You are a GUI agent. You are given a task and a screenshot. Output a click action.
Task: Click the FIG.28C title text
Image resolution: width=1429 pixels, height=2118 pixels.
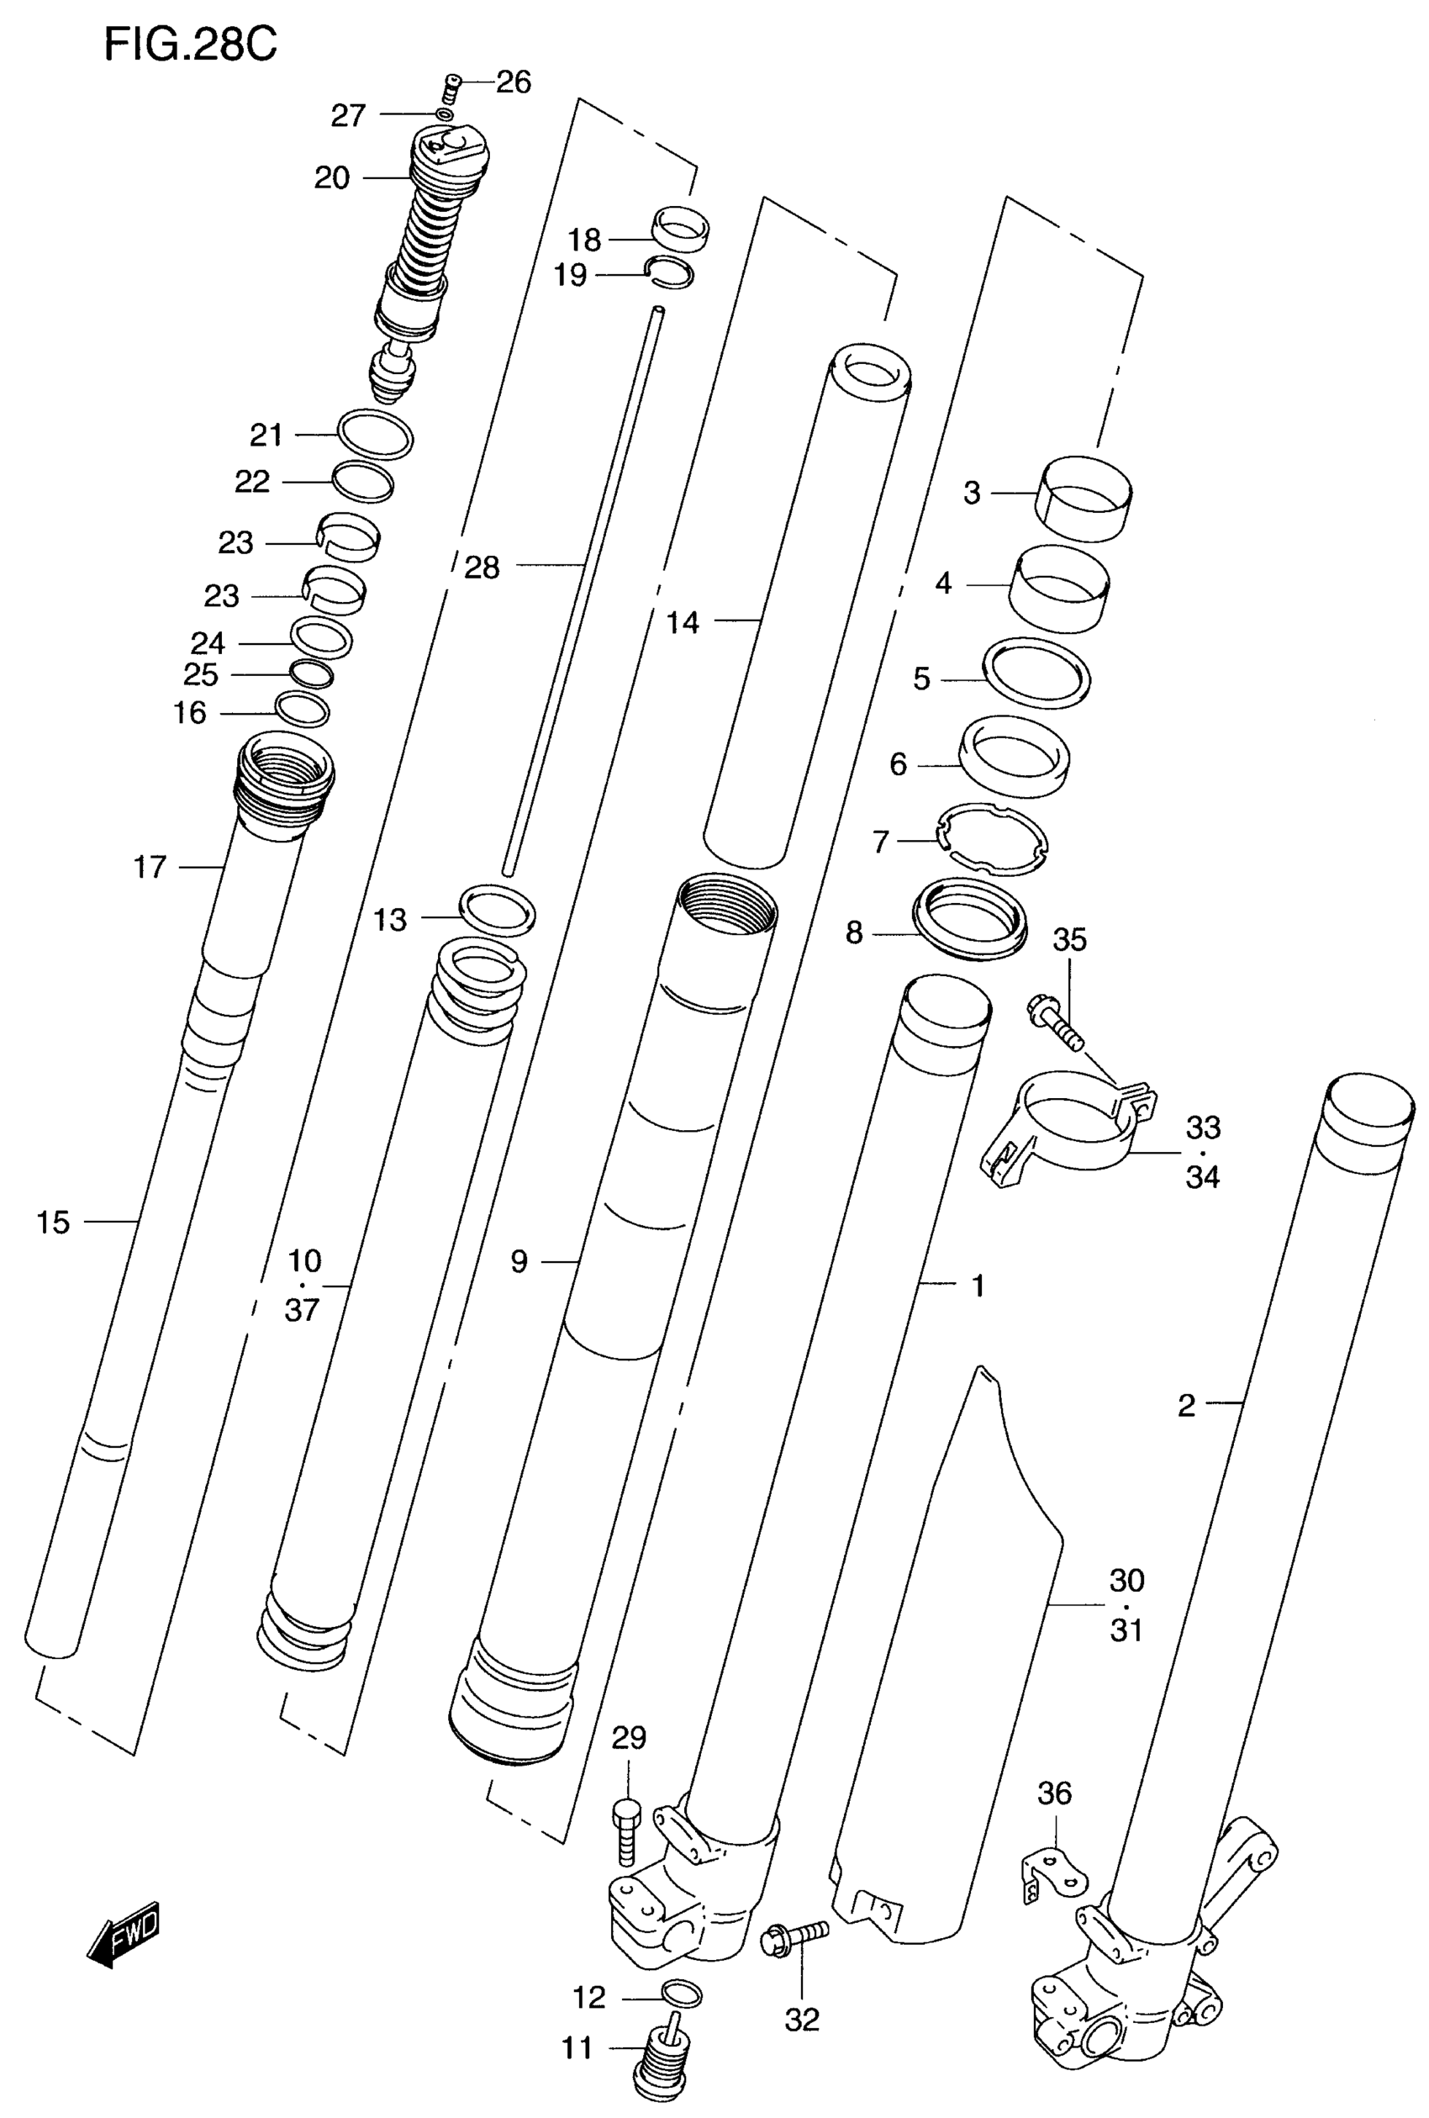(190, 43)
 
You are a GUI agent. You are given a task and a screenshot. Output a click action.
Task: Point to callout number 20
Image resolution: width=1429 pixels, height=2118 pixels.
(332, 177)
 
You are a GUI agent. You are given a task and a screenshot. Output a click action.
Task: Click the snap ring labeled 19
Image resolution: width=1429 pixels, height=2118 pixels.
(669, 272)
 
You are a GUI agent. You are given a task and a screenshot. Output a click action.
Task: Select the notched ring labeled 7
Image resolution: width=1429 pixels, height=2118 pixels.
(993, 838)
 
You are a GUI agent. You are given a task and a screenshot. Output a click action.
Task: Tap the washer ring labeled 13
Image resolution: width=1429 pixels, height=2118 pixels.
(498, 911)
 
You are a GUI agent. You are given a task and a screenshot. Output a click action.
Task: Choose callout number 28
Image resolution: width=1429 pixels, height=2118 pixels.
(482, 568)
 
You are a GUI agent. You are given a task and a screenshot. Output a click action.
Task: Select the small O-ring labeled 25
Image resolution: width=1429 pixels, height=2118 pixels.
(311, 674)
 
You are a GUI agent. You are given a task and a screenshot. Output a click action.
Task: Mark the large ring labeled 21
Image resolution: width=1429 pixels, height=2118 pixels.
(375, 434)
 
